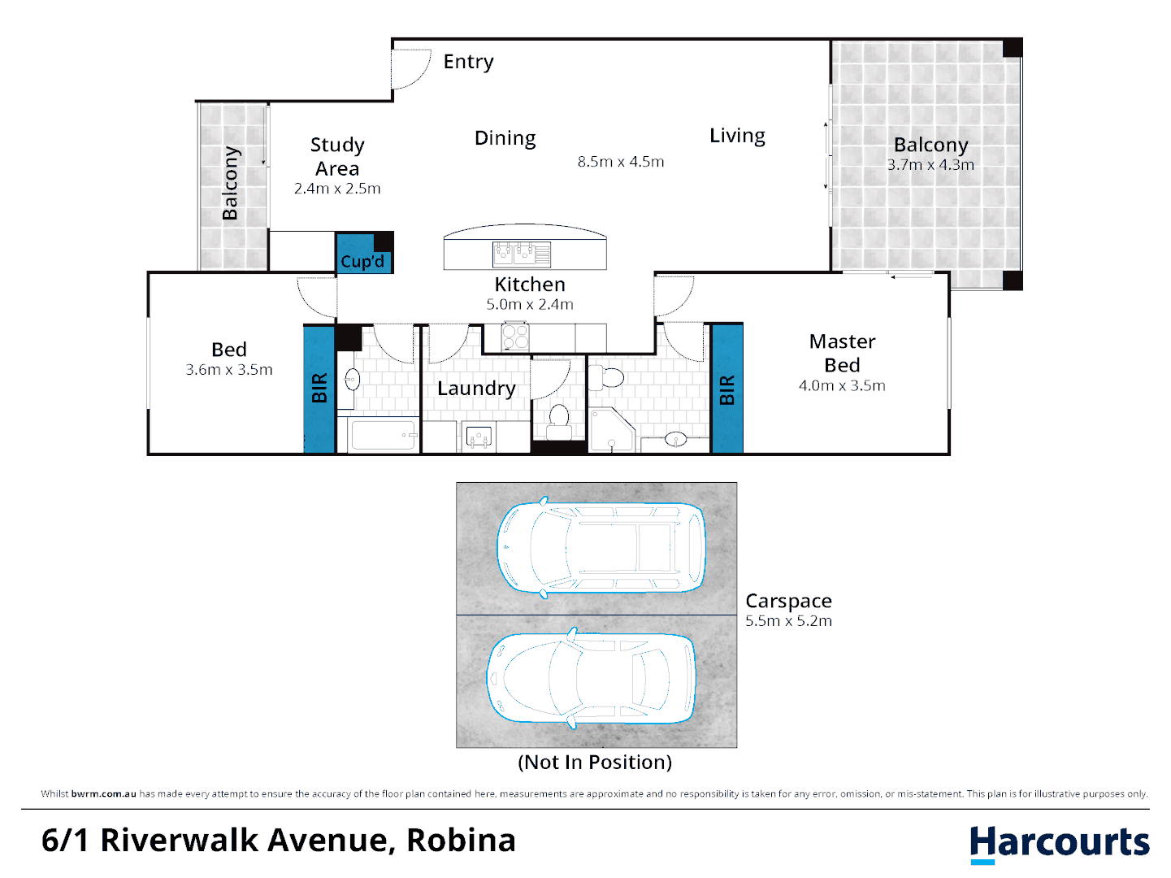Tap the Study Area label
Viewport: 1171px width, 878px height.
[x=337, y=157]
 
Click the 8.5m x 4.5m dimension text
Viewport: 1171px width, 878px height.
[x=621, y=162]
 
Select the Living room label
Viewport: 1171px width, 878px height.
[x=737, y=136]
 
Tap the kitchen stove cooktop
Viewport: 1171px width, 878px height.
[x=515, y=337]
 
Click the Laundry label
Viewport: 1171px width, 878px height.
[x=476, y=389]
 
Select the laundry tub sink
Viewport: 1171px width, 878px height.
[x=479, y=437]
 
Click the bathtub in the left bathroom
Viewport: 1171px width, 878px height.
[x=383, y=436]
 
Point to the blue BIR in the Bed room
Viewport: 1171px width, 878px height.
[x=319, y=389]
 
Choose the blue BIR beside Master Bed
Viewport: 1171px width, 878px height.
[x=726, y=389]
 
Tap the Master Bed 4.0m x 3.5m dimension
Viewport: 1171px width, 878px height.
[x=842, y=386]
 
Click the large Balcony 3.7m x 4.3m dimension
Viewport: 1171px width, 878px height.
[x=930, y=165]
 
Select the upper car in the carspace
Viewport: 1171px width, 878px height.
[x=601, y=547]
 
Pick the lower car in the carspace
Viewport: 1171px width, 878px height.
[x=592, y=677]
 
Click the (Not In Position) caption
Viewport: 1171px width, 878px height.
[x=595, y=763]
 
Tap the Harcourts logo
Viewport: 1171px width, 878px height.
[x=1059, y=843]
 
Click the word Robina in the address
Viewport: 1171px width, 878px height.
[x=461, y=841]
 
